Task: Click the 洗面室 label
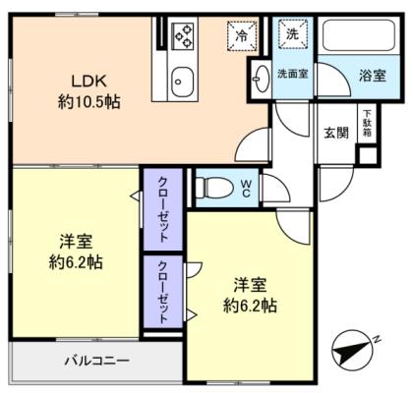[292, 74]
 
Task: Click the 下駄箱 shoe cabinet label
[366, 122]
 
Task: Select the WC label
[246, 186]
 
